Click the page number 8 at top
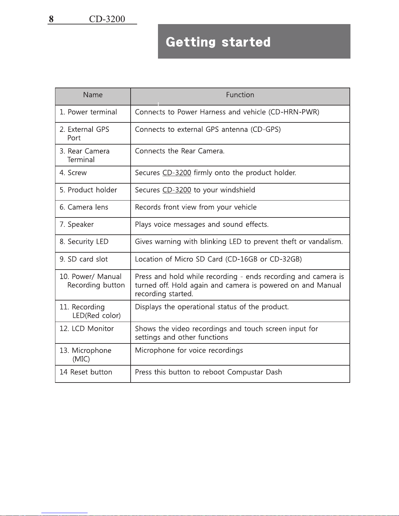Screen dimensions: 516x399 [51, 19]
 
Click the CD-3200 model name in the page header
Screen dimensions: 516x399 [107, 19]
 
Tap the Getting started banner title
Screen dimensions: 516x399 [218, 42]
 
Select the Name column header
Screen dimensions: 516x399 [93, 95]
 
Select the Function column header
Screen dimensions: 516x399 [240, 95]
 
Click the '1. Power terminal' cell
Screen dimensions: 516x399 [88, 112]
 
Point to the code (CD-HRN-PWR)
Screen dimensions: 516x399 [294, 112]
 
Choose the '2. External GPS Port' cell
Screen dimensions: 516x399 [84, 133]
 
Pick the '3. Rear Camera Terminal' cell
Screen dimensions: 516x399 [85, 155]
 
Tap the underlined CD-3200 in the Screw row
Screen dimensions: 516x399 [177, 173]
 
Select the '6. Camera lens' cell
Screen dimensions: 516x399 [84, 207]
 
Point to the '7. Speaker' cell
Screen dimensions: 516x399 [77, 225]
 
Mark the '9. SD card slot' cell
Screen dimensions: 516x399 [84, 259]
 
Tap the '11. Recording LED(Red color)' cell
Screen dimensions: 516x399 [90, 311]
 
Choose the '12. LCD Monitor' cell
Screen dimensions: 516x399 [87, 329]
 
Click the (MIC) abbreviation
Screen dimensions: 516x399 [81, 359]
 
